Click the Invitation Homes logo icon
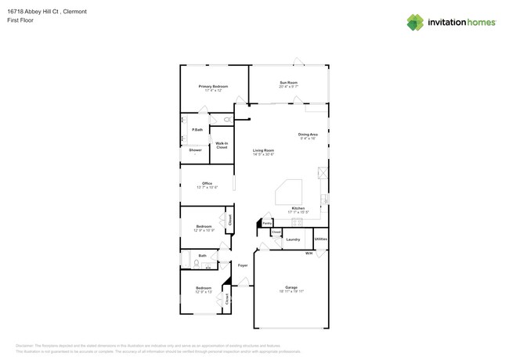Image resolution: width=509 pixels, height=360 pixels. pos(415,22)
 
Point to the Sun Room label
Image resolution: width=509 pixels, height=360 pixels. pos(288,82)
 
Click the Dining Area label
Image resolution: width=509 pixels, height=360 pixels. pos(308,135)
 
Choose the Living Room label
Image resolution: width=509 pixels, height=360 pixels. pos(263,150)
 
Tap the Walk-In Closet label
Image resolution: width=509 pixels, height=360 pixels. pos(222,145)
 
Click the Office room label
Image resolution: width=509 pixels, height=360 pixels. pos(207,184)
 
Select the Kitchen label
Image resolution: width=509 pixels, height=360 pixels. pos(298,208)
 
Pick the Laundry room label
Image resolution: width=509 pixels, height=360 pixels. pos(293,239)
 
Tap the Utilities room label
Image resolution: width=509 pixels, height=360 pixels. pos(320,239)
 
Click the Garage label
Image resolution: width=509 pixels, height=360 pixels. pos(291,287)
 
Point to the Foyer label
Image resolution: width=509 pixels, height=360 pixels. pos(243,265)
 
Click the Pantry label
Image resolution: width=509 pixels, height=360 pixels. pos(267,223)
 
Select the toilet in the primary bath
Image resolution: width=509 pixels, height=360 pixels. pos(227,120)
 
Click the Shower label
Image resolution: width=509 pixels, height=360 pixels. pos(195,149)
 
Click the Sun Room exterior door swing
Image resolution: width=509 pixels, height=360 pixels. pos(298,61)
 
